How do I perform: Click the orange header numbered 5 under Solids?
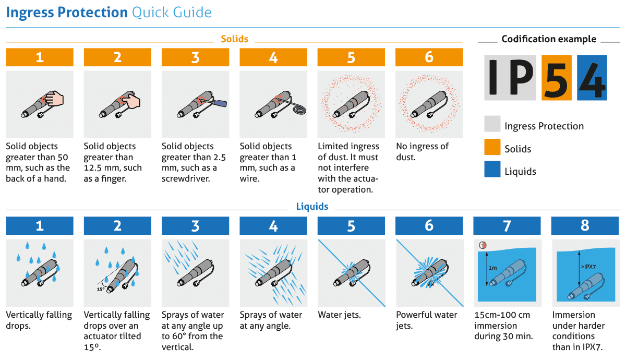[x=351, y=57]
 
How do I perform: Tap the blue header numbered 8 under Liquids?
[x=585, y=225]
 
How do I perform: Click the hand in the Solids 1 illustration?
[x=55, y=99]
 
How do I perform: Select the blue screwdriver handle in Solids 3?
[x=220, y=103]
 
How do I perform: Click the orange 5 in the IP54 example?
[x=557, y=78]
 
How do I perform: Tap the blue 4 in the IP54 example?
[x=592, y=78]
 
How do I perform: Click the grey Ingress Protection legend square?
[x=492, y=124]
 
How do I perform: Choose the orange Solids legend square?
[x=492, y=147]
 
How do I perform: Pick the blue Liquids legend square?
[x=492, y=169]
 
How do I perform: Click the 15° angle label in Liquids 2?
[x=101, y=289]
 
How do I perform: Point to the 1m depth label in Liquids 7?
[x=492, y=268]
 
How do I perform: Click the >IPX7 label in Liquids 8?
[x=588, y=267]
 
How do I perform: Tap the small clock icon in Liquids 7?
[x=483, y=245]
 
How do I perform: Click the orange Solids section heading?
[x=234, y=39]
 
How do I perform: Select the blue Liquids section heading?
[x=312, y=207]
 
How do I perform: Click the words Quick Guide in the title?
[x=172, y=13]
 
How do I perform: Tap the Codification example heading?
[x=549, y=39]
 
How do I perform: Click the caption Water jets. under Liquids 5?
[x=339, y=315]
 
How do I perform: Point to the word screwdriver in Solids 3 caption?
[x=186, y=178]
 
